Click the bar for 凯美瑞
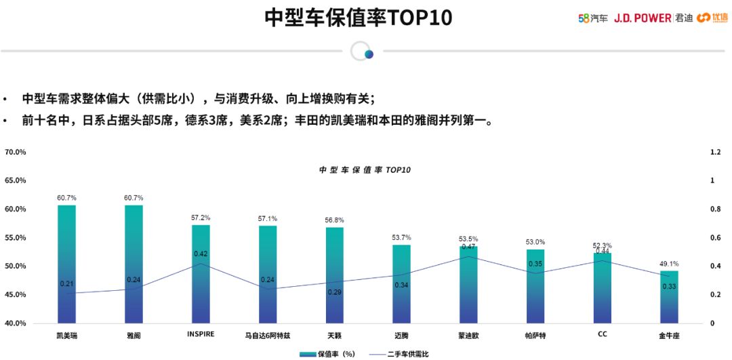pos(66,264)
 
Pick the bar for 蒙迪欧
pos(468,285)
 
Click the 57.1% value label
pos(268,219)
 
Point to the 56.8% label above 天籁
pos(335,220)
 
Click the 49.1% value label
pos(669,264)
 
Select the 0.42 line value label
pos(201,254)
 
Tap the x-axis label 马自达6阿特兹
pos(268,335)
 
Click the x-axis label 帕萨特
pos(535,335)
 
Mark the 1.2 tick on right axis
pos(715,152)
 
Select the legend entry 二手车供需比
pos(400,354)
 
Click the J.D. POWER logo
pos(643,18)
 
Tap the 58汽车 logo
pos(593,18)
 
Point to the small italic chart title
pos(365,169)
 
